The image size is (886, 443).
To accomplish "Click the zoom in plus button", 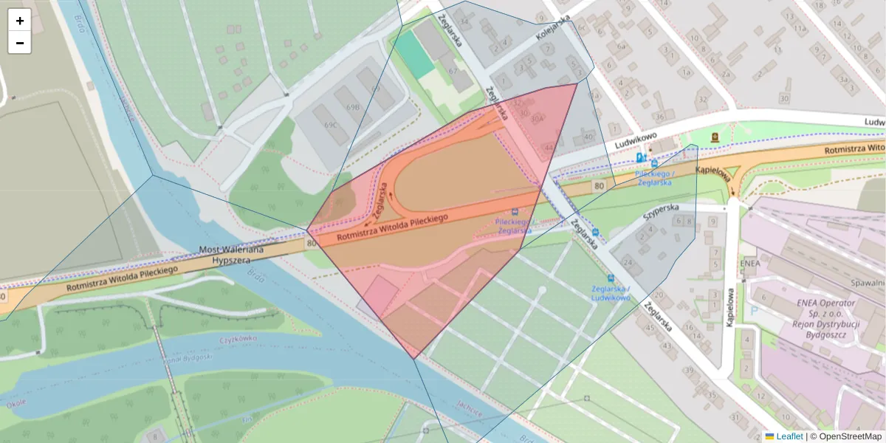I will point(20,20).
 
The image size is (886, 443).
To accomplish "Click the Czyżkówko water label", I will point(236,340).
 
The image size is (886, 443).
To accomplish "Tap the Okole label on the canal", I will point(16,403).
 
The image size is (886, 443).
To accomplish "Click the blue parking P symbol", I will point(754,311).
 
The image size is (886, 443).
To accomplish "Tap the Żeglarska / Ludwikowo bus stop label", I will point(610,293).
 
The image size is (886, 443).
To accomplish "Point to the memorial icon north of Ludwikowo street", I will point(715,137).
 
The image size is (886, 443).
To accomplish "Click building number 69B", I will point(353,107).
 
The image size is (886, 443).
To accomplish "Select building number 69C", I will point(330,125).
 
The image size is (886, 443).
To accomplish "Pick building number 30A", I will point(537,117).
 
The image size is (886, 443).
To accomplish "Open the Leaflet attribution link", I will point(789,436).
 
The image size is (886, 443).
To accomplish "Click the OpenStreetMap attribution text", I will point(850,436).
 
